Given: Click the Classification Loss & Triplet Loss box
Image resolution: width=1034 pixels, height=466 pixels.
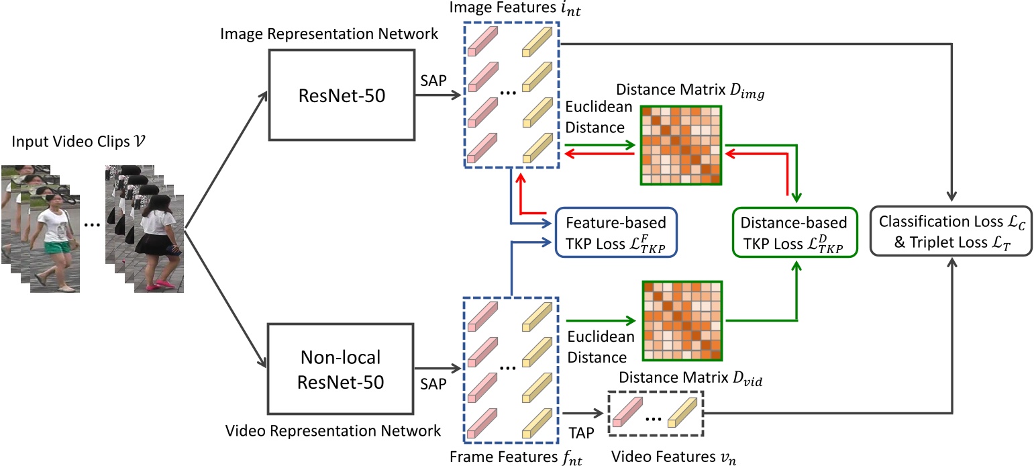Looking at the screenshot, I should tap(951, 232).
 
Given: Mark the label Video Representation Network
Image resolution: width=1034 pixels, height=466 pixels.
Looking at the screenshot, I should tap(334, 430).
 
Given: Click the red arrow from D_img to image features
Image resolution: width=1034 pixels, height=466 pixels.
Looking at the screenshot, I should tap(599, 154).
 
